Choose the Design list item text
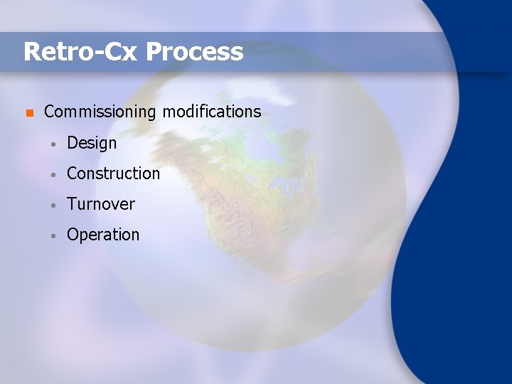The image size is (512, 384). tap(92, 144)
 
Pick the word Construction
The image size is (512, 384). tap(113, 174)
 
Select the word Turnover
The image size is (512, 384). tap(100, 204)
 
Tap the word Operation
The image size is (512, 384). tap(103, 235)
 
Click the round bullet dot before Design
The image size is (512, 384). tap(53, 144)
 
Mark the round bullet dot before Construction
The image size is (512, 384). tap(53, 174)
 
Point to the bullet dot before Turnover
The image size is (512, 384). tap(53, 205)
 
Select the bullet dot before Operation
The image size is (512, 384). tap(53, 235)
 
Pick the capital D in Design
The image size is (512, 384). tap(73, 143)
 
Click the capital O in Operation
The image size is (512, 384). tap(73, 235)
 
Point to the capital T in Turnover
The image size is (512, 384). tap(72, 204)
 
